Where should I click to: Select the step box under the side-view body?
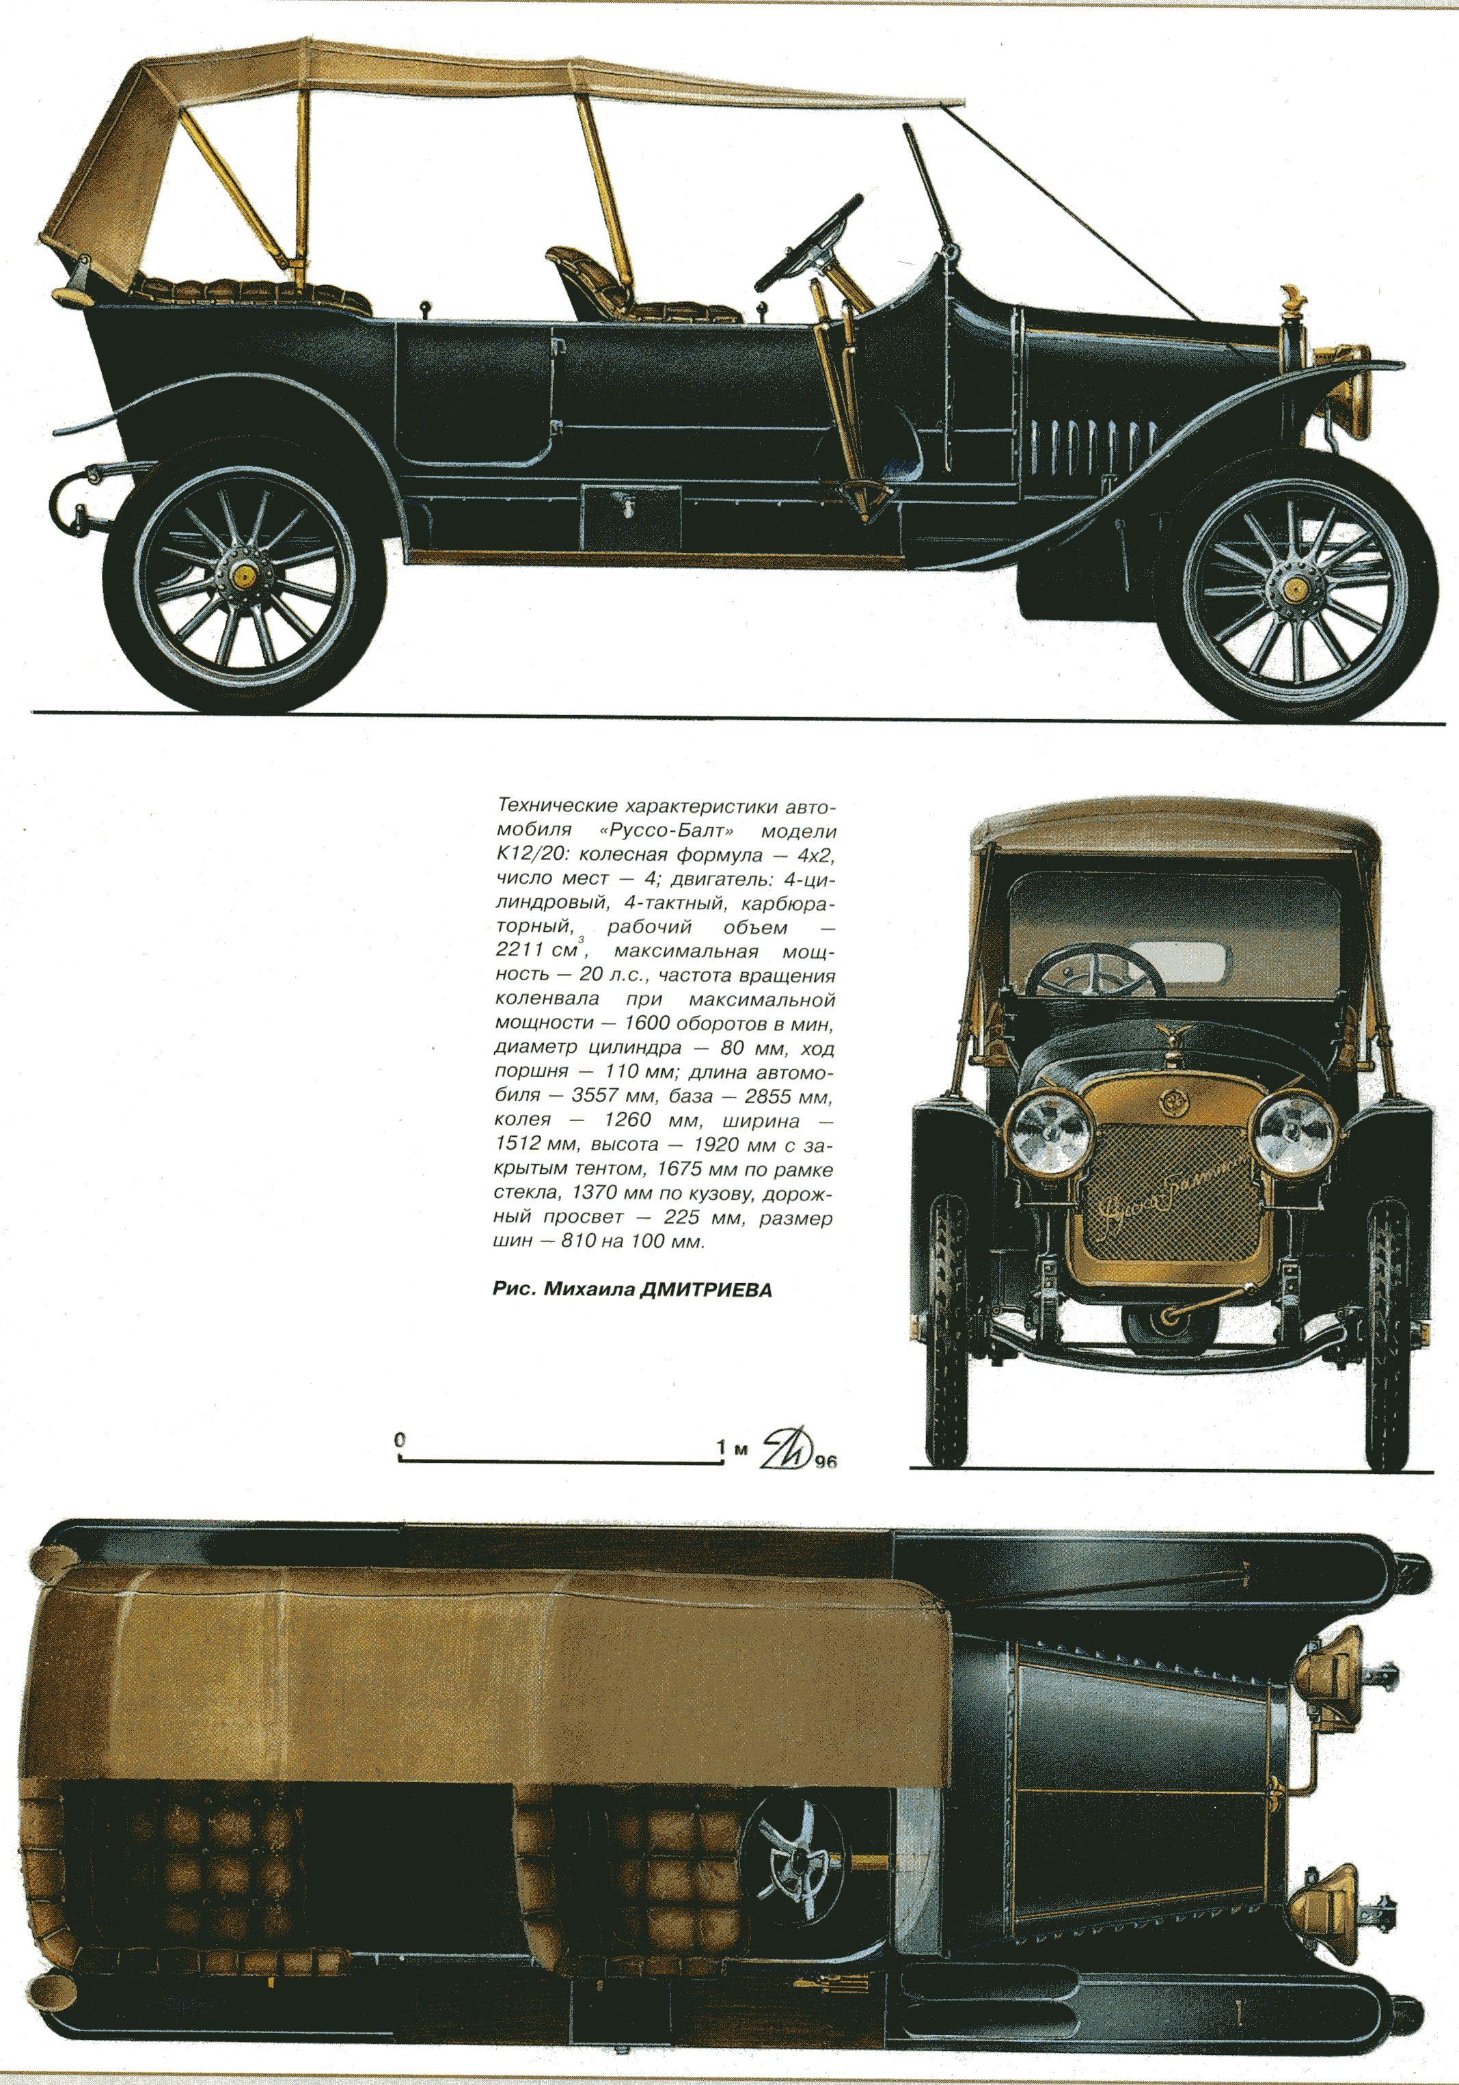[x=631, y=512]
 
